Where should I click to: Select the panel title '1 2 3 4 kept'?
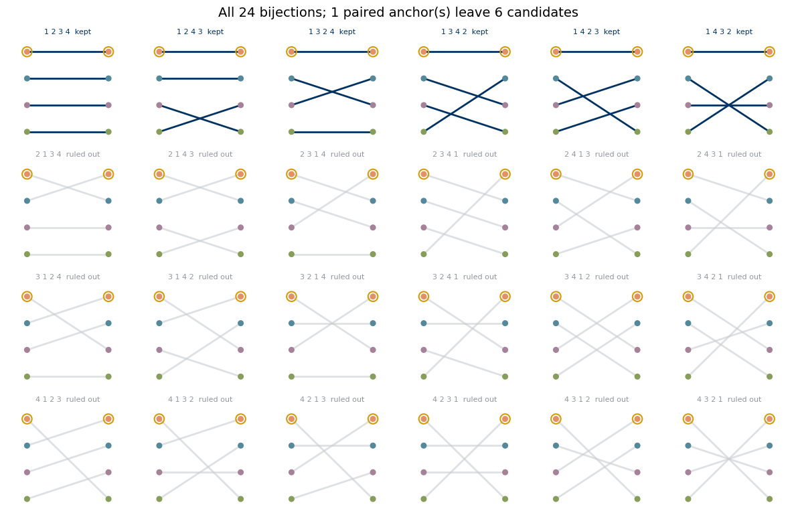coord(68,31)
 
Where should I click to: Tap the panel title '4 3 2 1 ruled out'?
coord(729,399)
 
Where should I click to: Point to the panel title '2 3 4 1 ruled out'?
coord(465,155)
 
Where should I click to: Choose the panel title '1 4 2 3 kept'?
coord(596,31)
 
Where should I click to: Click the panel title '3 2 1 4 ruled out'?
coord(332,277)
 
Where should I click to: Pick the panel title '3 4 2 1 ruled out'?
coord(729,277)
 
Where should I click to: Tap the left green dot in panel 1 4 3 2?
coord(688,132)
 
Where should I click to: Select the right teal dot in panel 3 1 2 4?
coord(108,323)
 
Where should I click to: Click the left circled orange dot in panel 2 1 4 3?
coord(159,174)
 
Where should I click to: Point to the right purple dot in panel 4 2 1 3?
coord(373,472)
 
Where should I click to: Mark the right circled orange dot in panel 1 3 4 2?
coord(505,52)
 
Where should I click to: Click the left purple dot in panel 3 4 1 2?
coord(556,350)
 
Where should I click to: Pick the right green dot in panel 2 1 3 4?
coord(108,254)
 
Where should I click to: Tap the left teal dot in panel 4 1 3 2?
coord(159,445)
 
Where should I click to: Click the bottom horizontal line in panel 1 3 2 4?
coord(332,132)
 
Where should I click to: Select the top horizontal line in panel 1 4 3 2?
coord(729,52)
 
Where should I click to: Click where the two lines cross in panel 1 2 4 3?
coord(200,119)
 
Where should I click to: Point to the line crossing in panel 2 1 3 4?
coord(68,188)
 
